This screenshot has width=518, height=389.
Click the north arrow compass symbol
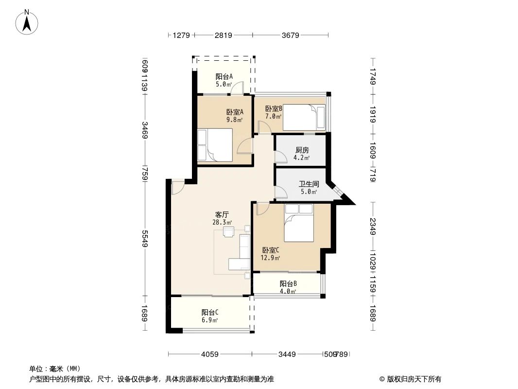(x=28, y=22)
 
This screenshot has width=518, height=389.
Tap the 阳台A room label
(x=224, y=76)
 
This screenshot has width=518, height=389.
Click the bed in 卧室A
(x=215, y=144)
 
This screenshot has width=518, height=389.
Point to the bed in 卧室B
(x=304, y=118)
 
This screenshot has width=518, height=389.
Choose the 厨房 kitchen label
(x=302, y=150)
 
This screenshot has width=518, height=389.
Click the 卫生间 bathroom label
(x=309, y=184)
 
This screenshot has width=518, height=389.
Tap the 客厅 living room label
(x=222, y=214)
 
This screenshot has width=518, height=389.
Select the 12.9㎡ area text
(x=270, y=258)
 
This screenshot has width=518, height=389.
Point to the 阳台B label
(x=288, y=284)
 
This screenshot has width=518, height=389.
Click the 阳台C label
(x=210, y=313)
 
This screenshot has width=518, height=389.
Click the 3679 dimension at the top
(x=291, y=35)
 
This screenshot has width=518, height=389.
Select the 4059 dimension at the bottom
(x=209, y=354)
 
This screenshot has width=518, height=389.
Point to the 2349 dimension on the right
(x=373, y=226)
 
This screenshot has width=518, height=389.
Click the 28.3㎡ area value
(x=222, y=222)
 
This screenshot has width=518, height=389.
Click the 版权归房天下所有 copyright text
(x=414, y=379)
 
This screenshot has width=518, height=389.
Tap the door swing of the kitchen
(x=280, y=157)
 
